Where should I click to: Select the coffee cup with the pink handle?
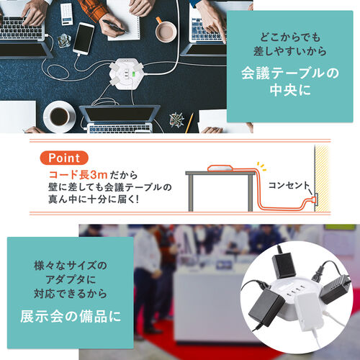(x=165, y=30)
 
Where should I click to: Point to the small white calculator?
(x=66, y=14)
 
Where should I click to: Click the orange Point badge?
(x=67, y=158)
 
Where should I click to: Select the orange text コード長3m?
(x=76, y=174)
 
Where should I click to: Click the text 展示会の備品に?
(x=70, y=318)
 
